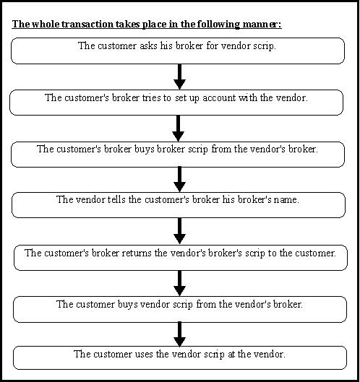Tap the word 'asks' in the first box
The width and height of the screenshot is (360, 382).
pyautogui.click(x=148, y=45)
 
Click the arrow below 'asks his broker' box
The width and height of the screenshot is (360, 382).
pyautogui.click(x=179, y=77)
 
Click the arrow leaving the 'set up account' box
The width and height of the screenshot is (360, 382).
pyautogui.click(x=178, y=129)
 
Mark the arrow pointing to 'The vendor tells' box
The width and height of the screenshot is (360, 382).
pyautogui.click(x=179, y=180)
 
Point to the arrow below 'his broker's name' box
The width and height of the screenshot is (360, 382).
pyautogui.click(x=179, y=231)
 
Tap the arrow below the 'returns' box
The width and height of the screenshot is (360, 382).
pyautogui.click(x=179, y=283)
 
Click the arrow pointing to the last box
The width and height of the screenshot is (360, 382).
pyautogui.click(x=179, y=334)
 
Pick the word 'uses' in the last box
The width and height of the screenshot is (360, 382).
pyautogui.click(x=144, y=355)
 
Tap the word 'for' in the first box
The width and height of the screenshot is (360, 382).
pyautogui.click(x=212, y=45)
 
